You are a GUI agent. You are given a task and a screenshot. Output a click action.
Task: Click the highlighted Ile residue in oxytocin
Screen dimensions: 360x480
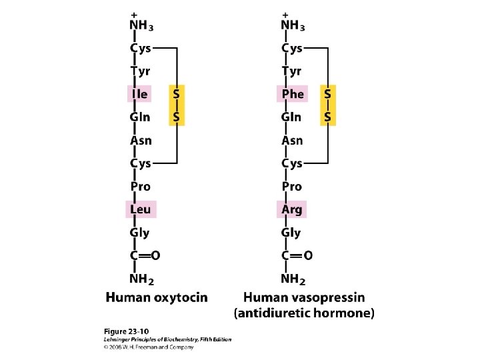(139, 94)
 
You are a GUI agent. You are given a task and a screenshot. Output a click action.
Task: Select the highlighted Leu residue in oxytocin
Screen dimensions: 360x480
(140, 209)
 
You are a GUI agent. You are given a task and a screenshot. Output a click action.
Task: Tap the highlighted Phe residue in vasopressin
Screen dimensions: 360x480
(292, 94)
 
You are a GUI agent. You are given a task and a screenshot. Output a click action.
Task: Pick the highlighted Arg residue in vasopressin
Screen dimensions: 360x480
(291, 209)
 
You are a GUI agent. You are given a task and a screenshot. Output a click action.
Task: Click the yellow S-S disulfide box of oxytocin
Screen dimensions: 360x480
(177, 105)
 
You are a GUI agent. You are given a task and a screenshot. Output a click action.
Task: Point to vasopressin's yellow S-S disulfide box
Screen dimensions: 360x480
(329, 105)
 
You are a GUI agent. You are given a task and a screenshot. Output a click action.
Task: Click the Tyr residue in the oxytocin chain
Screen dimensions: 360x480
(141, 71)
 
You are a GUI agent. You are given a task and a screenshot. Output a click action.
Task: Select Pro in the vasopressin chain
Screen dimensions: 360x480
(291, 187)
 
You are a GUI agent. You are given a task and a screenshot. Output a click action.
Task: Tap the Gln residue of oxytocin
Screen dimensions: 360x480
(140, 117)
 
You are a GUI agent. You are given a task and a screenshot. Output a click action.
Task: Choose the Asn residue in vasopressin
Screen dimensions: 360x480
(292, 141)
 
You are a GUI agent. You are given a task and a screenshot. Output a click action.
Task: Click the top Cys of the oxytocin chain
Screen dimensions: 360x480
(141, 48)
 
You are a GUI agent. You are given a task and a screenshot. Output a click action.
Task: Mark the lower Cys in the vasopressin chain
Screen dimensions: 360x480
(292, 163)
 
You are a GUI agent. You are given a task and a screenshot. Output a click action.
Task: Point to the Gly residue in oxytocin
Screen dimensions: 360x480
(140, 233)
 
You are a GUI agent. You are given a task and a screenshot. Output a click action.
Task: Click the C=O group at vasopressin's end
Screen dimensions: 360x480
(297, 255)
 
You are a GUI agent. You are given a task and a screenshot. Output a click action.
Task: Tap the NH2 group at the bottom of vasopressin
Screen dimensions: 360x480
(294, 279)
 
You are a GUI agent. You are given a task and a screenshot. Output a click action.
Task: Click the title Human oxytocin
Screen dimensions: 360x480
(157, 297)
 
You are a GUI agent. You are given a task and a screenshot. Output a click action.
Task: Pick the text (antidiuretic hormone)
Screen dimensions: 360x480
(304, 312)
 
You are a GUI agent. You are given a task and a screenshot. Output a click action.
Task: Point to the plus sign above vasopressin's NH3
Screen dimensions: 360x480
(285, 14)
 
